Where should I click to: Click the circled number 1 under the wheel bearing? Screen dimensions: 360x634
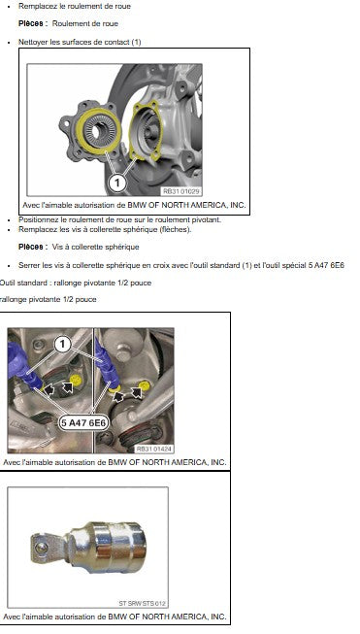click(x=117, y=183)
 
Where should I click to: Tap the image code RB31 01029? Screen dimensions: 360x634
click(x=181, y=191)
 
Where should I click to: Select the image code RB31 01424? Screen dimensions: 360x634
click(x=153, y=449)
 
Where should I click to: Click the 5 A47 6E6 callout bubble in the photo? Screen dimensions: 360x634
click(x=84, y=423)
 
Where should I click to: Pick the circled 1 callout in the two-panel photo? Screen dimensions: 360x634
click(x=63, y=345)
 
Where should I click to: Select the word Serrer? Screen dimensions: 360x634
click(x=29, y=265)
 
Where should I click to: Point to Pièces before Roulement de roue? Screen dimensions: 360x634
click(x=30, y=23)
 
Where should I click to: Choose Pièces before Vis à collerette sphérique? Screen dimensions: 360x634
click(x=30, y=247)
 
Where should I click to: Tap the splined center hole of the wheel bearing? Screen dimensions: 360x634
click(x=96, y=131)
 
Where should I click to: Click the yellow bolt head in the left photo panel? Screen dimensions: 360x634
click(x=75, y=380)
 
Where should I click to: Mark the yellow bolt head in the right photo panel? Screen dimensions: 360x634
click(x=145, y=385)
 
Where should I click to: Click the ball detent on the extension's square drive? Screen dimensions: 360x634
click(x=40, y=548)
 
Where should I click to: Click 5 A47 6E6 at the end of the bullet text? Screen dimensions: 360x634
click(x=329, y=265)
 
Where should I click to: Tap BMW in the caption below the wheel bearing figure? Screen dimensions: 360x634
click(x=138, y=205)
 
